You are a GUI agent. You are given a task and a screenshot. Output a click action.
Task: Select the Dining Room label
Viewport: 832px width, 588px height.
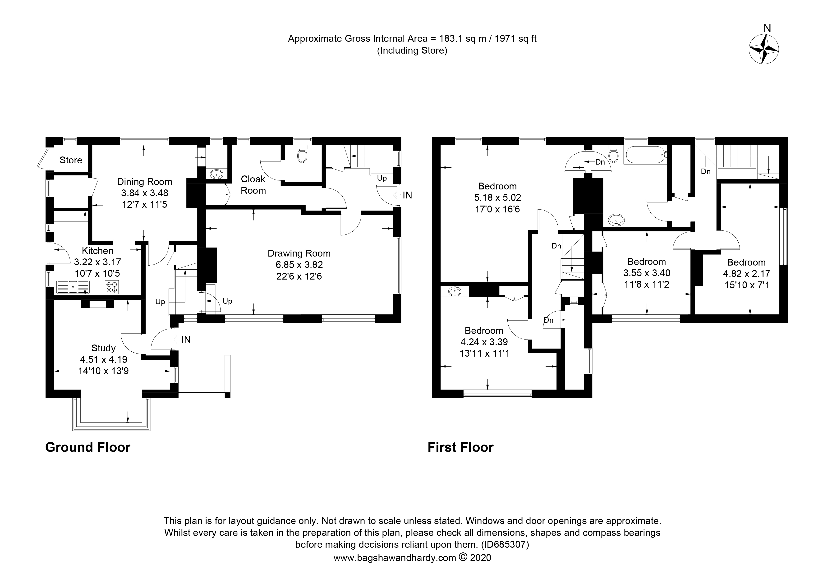[145, 182]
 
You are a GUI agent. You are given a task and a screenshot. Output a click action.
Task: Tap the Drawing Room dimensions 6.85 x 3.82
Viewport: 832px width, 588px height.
[299, 265]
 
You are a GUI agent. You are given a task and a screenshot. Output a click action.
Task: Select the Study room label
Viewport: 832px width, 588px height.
[103, 348]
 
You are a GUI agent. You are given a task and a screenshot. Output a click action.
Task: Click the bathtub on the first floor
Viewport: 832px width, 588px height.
[645, 156]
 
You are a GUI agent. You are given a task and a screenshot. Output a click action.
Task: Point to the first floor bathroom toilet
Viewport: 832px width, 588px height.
[613, 155]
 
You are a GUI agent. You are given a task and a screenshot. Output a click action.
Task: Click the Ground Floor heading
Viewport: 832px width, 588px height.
[88, 447]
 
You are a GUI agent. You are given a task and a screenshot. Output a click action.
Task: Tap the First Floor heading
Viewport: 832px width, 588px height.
[460, 447]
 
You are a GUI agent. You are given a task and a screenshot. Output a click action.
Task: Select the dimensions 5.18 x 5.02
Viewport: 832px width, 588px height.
[497, 198]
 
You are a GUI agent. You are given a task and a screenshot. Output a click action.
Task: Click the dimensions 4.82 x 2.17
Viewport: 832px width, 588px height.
[746, 274]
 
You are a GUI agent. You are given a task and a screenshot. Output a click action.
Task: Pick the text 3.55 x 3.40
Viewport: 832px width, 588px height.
[647, 273]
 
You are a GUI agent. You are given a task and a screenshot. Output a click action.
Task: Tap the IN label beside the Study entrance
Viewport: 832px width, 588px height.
[186, 340]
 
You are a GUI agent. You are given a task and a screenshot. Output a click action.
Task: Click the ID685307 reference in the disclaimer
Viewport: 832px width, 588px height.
[505, 545]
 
